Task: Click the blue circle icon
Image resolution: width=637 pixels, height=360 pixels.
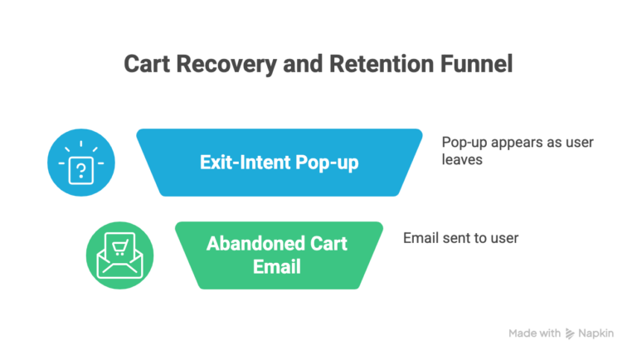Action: (x=80, y=163)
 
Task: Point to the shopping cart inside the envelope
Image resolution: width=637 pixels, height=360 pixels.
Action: (x=119, y=246)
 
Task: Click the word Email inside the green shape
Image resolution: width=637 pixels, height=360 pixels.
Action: (x=278, y=267)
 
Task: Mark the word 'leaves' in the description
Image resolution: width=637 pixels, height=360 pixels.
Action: (x=462, y=158)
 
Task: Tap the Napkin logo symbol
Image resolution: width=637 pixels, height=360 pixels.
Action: (x=570, y=333)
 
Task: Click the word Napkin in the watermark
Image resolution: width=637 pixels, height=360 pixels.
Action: (x=596, y=333)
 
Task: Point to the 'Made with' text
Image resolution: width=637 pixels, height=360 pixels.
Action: (x=534, y=333)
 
